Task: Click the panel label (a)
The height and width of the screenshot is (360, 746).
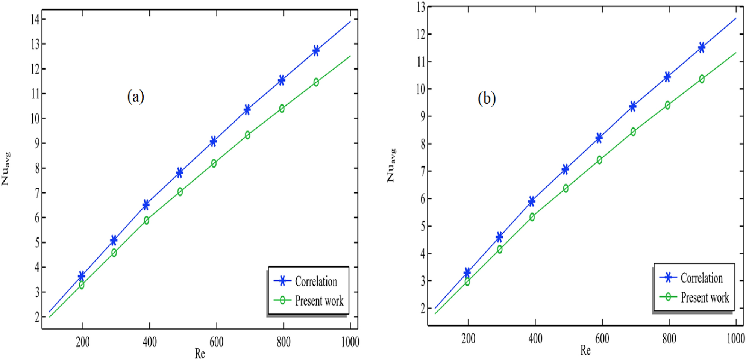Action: pos(135,97)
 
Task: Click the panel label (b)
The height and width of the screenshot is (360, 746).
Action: pos(487,98)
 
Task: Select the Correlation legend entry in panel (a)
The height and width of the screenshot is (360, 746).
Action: pos(315,281)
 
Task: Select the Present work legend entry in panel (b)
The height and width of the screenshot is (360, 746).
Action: pos(704,298)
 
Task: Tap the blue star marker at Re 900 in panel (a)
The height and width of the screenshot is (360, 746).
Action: pos(316,51)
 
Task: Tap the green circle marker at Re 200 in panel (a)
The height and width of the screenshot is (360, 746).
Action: pos(82,285)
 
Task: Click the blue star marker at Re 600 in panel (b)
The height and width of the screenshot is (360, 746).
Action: pos(599,138)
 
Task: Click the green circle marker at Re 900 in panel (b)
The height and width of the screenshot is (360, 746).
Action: pos(702,79)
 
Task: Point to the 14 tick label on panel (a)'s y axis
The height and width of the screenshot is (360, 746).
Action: pos(35,19)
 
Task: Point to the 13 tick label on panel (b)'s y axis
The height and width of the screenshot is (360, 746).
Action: pos(421,7)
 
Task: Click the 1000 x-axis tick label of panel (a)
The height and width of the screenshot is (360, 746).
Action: pos(350,342)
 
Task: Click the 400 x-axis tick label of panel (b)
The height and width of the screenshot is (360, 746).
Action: pos(535,339)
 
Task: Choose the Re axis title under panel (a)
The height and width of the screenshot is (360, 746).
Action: pos(200,353)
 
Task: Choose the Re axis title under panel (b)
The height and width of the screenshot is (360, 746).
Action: pos(585,350)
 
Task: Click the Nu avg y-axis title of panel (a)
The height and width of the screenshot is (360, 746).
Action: pos(6,169)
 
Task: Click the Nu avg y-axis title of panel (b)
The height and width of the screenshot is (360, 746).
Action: pos(391,166)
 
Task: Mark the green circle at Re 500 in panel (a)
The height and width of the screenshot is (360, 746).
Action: pos(180,192)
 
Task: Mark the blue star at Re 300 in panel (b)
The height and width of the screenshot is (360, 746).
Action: pos(499,237)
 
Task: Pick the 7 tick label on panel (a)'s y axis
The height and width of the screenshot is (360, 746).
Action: pos(37,193)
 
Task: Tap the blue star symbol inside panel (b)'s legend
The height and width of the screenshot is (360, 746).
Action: pos(668,278)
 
